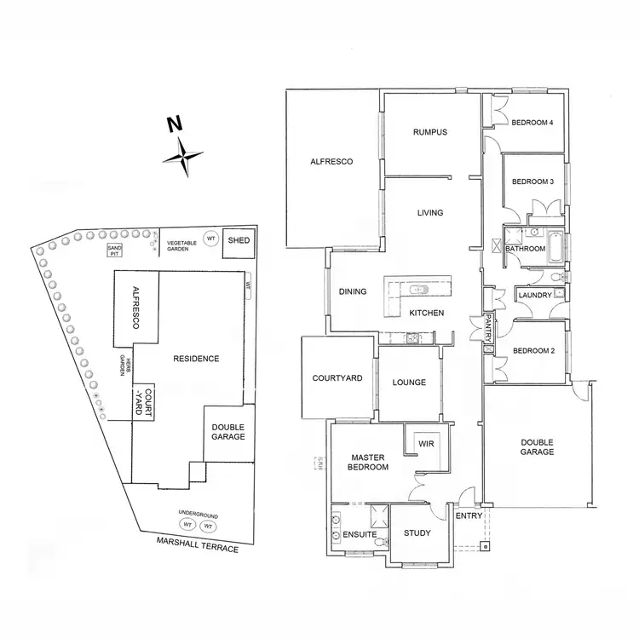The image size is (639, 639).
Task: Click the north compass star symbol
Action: click(x=184, y=157)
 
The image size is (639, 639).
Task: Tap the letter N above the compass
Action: click(x=174, y=125)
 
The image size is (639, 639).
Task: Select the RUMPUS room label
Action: click(x=430, y=132)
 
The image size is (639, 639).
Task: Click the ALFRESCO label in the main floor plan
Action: click(x=331, y=161)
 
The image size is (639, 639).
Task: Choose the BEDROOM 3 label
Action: click(x=532, y=181)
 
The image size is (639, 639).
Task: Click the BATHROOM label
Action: click(x=525, y=249)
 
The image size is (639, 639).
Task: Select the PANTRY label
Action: click(x=489, y=328)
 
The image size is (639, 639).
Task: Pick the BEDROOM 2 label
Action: click(x=532, y=351)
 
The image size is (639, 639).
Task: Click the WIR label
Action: click(x=425, y=443)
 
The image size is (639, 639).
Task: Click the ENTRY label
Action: click(x=469, y=516)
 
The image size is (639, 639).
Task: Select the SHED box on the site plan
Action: click(x=239, y=241)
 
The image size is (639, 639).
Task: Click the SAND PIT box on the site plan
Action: click(x=114, y=250)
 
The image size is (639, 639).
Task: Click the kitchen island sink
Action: click(x=418, y=289)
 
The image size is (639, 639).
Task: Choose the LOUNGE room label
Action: click(x=409, y=383)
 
